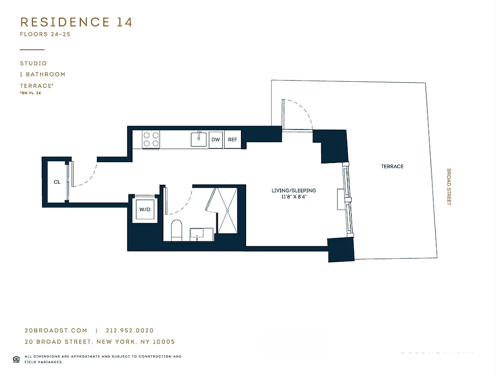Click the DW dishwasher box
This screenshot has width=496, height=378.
pyautogui.click(x=216, y=140)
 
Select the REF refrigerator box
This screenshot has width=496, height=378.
pyautogui.click(x=232, y=140)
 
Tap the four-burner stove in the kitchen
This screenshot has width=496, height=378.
pyautogui.click(x=151, y=139)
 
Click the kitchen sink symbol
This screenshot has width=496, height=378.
pyautogui.click(x=199, y=139)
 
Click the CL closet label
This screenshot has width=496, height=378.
pyautogui.click(x=57, y=182)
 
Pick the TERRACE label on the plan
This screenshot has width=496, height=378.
pyautogui.click(x=392, y=166)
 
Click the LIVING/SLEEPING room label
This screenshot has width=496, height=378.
pyautogui.click(x=293, y=190)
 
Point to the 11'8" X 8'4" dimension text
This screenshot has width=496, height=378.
pyautogui.click(x=293, y=197)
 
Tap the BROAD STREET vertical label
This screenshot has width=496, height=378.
pyautogui.click(x=449, y=187)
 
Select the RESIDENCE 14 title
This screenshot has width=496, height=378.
pyautogui.click(x=76, y=22)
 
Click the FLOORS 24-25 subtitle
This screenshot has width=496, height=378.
pyautogui.click(x=45, y=34)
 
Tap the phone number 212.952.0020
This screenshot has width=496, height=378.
pyautogui.click(x=130, y=331)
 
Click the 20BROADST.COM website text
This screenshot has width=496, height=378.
pyautogui.click(x=56, y=331)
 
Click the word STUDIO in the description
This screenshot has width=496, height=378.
pyautogui.click(x=33, y=63)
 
